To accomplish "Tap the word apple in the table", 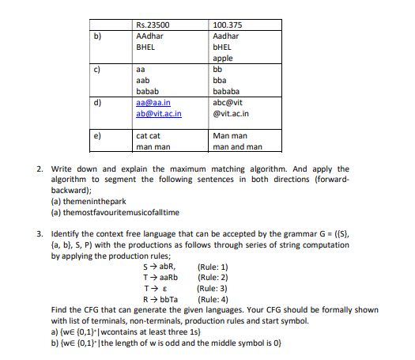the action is (x=223, y=59).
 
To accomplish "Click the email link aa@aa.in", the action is (x=153, y=103).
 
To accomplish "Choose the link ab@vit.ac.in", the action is (x=159, y=113).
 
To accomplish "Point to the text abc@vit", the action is (x=228, y=103).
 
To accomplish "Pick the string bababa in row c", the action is (x=228, y=91).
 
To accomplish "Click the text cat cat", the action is (x=149, y=136).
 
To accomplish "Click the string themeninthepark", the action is (x=88, y=202).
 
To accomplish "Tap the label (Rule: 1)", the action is (x=215, y=267).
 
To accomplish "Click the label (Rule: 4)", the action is (x=215, y=301).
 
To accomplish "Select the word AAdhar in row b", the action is (x=149, y=36).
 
